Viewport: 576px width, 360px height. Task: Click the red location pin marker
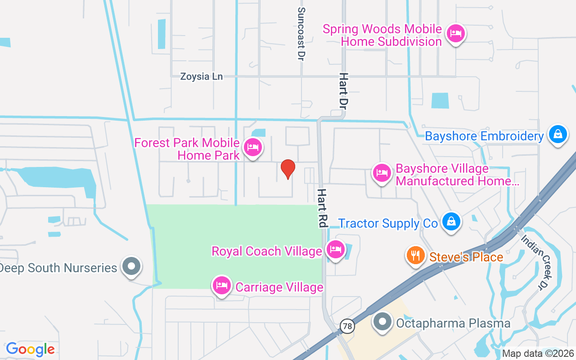[x=288, y=169]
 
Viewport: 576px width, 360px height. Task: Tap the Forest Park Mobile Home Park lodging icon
[x=253, y=147]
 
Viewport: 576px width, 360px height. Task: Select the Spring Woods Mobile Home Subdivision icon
[x=456, y=34]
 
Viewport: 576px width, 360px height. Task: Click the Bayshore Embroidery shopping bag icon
[x=558, y=134]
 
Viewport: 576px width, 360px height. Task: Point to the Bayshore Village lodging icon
[x=382, y=172]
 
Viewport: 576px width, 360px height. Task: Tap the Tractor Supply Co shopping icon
[x=450, y=221]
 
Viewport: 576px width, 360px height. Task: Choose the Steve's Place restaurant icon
[x=416, y=255]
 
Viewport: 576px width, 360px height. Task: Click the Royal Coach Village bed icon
[x=336, y=249]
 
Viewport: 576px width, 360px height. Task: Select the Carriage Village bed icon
[x=222, y=285]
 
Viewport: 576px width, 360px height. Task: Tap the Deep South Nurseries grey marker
[x=131, y=266]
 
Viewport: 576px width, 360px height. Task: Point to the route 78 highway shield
[x=347, y=326]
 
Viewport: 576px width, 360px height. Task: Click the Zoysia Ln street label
[x=201, y=76]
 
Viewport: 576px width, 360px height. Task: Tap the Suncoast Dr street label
[x=301, y=34]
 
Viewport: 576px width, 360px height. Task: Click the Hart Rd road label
[x=322, y=207]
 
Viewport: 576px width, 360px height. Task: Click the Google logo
[x=31, y=349]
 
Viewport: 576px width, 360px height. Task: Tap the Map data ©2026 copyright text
[x=538, y=353]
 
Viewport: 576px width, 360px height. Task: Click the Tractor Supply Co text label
[x=388, y=223]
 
